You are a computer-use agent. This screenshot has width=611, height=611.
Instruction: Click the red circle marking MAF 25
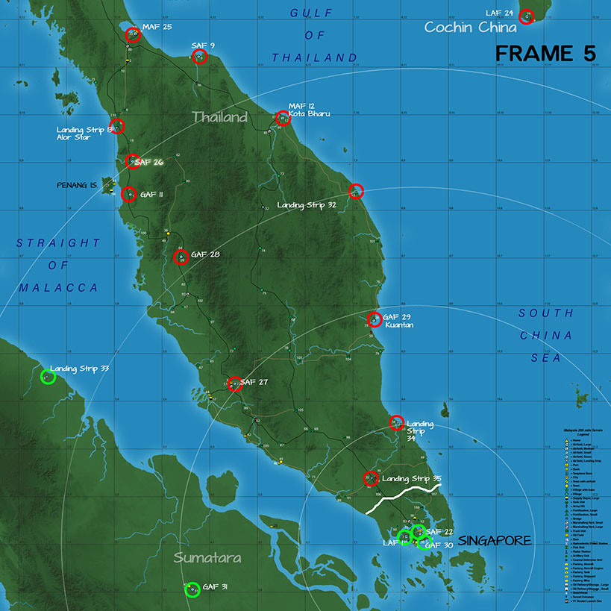tap(133, 34)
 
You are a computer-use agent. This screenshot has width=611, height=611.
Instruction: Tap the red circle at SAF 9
tap(199, 57)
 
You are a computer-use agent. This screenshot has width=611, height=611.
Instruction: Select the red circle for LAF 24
tap(526, 16)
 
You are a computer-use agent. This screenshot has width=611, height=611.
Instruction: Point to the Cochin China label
tap(470, 28)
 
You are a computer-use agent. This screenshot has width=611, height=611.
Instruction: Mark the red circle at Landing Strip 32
tap(356, 191)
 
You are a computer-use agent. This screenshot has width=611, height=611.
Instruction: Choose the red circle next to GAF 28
tap(181, 257)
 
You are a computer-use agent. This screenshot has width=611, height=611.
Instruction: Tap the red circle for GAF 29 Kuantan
tap(375, 320)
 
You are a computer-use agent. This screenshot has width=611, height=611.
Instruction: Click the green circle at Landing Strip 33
tap(48, 377)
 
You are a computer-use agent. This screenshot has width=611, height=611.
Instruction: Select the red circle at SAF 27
tap(235, 384)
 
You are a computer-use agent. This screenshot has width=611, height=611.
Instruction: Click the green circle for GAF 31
tap(192, 589)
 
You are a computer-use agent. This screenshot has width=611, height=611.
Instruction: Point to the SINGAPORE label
tap(494, 540)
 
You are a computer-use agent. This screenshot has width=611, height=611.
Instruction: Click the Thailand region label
tap(219, 117)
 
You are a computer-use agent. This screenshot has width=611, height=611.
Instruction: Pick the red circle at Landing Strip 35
tap(371, 479)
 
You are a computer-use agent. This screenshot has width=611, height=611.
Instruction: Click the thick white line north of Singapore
tap(404, 497)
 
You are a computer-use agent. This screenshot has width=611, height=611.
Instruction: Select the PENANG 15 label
tap(76, 184)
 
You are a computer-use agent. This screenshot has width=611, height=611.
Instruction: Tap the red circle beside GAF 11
tap(128, 195)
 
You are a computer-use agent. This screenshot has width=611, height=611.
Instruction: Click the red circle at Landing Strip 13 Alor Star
tap(116, 126)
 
